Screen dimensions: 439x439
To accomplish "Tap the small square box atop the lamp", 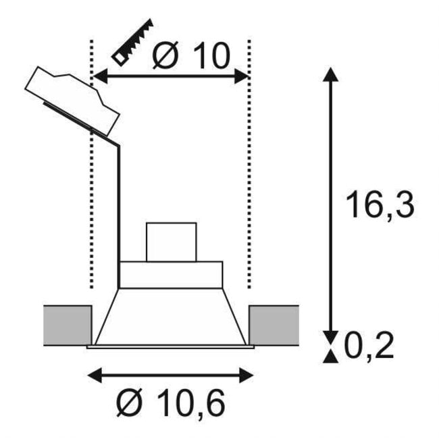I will (172, 241).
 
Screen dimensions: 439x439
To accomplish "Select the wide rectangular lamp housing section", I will (171, 274).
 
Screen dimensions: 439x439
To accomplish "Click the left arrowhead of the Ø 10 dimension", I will (97, 77).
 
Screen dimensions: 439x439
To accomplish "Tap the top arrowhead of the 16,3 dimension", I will (330, 73).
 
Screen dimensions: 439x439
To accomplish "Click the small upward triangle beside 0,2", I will (330, 357).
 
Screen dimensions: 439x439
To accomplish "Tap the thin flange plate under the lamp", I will (171, 347).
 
